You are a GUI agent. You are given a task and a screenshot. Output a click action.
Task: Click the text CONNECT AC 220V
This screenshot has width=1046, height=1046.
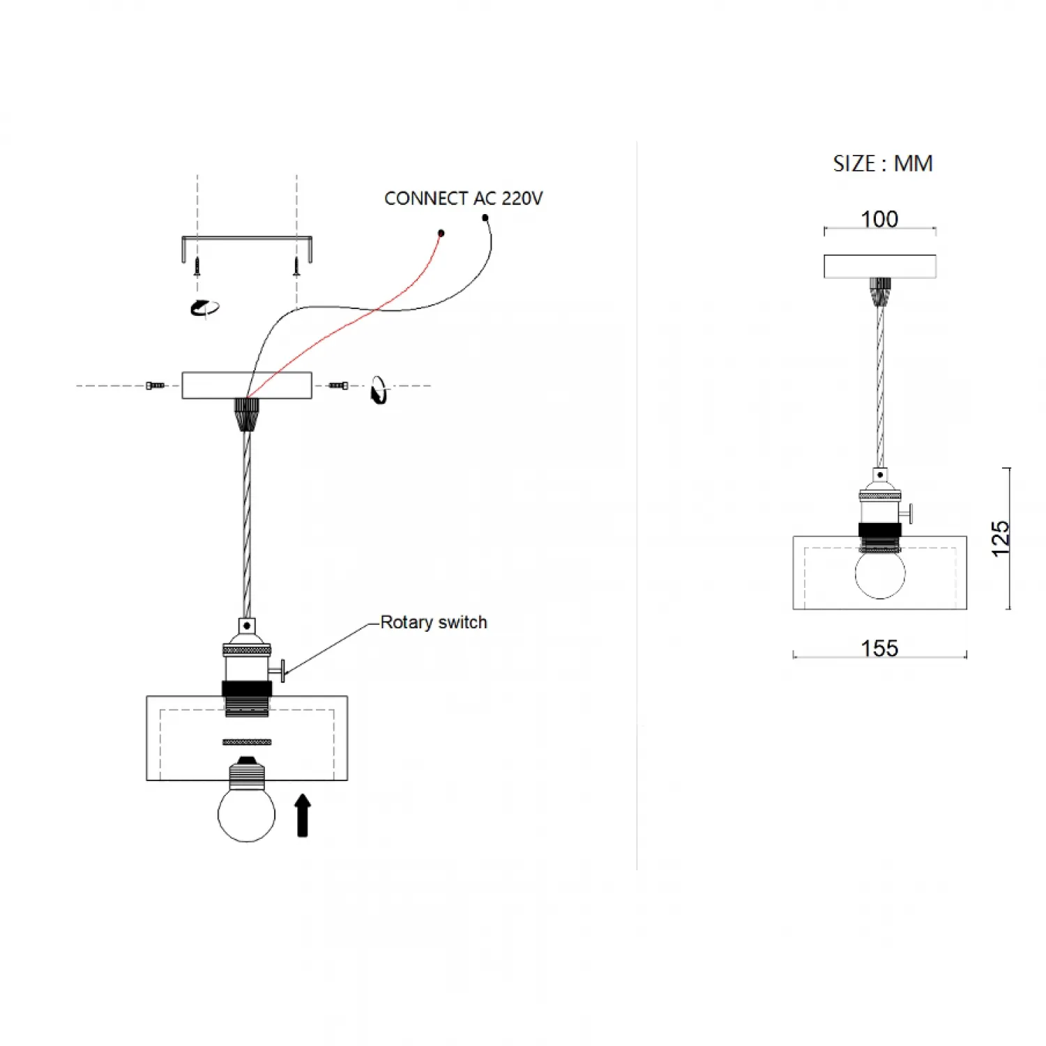click(463, 199)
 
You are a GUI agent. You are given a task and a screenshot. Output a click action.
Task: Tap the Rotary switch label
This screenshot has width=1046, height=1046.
click(433, 622)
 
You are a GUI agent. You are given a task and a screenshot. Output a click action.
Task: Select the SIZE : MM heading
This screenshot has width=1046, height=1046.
click(882, 164)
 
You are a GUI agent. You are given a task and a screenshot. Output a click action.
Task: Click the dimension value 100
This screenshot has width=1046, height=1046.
click(879, 219)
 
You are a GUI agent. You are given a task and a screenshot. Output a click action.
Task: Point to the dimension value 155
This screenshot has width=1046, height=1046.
click(879, 648)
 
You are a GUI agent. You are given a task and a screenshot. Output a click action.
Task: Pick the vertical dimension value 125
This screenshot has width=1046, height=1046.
click(1001, 538)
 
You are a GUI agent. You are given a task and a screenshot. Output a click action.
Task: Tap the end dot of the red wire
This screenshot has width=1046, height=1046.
click(441, 233)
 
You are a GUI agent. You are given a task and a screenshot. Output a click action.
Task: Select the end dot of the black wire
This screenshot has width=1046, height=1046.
click(485, 218)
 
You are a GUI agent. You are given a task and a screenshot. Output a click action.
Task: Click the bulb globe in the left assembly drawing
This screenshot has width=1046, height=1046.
click(246, 814)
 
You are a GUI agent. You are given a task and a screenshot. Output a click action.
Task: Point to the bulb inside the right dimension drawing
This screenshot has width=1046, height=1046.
click(880, 574)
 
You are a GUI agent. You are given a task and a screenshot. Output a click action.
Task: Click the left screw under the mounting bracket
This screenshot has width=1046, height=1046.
click(197, 266)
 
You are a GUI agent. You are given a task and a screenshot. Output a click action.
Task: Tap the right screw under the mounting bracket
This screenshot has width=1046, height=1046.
click(296, 266)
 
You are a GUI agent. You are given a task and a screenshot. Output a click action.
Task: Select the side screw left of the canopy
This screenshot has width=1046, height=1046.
click(155, 386)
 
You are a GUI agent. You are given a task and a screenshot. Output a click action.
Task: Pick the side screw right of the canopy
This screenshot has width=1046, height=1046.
click(339, 386)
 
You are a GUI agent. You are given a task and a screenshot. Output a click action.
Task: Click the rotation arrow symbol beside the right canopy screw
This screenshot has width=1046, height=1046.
click(379, 390)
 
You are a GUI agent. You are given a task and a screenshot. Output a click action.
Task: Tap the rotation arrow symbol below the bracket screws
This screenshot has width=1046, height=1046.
click(204, 308)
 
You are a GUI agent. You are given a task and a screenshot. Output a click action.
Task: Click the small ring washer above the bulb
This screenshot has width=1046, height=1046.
click(247, 742)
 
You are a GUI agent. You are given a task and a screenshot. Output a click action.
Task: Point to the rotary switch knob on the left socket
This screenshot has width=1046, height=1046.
click(280, 671)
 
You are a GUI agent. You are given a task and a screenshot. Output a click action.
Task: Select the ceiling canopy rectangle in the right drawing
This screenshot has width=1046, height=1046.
click(879, 266)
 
